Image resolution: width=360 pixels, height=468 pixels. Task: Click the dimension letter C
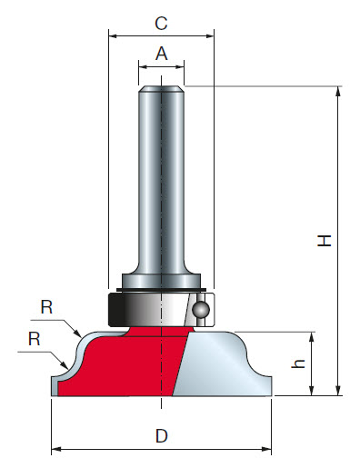[x=161, y=24]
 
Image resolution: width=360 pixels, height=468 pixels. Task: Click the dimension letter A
[x=162, y=54]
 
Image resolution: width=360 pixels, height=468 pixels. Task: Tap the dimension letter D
[x=162, y=436]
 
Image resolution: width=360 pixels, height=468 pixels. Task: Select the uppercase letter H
[x=324, y=241]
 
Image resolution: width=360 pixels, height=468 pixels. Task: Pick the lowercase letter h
[x=298, y=363]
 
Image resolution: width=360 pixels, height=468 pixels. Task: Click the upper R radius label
[x=46, y=307]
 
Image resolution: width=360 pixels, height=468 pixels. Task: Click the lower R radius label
[x=35, y=338]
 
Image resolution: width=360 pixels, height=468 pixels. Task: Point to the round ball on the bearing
[x=201, y=309]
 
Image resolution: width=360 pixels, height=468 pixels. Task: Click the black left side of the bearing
[x=116, y=310]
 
